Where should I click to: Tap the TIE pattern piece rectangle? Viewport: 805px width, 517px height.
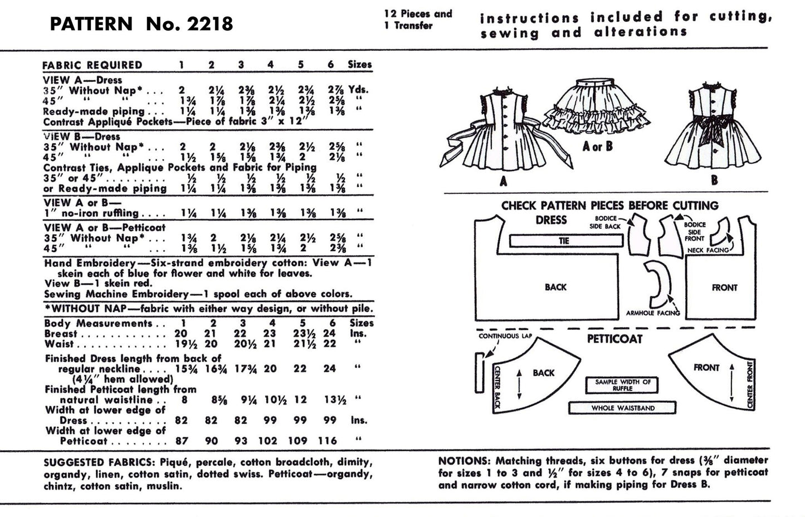[x=565, y=241]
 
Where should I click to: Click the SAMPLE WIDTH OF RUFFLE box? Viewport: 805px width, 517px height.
[x=622, y=385]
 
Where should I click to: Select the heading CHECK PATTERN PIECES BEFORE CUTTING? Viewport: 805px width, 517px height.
[x=609, y=205]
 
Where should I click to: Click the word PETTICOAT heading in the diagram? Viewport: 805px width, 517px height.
[x=614, y=339]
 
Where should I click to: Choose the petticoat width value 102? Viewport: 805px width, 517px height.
[x=268, y=441]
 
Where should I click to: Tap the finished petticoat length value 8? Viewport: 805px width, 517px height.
[x=184, y=399]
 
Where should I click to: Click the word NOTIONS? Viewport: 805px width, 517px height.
[x=461, y=461]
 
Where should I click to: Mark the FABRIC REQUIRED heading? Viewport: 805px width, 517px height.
[x=92, y=65]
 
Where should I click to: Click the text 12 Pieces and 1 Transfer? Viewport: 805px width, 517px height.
[x=418, y=19]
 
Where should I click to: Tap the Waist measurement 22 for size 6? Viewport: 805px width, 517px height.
[x=330, y=344]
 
